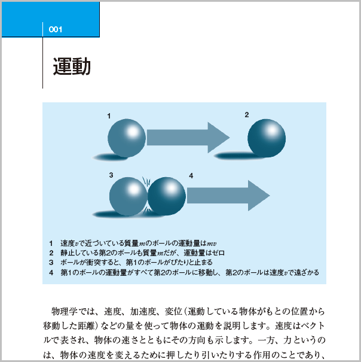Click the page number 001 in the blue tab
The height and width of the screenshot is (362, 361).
(56, 29)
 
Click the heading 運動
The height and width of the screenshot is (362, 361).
(72, 66)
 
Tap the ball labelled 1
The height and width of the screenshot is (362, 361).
(127, 138)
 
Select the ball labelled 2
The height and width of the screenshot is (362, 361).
(267, 138)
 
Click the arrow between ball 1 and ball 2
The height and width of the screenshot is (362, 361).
(188, 138)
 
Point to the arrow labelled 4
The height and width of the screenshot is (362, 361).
(228, 196)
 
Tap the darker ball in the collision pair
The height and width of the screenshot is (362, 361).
(167, 196)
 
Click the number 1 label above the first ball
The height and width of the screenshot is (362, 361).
(109, 116)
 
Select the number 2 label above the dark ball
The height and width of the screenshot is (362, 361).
(247, 115)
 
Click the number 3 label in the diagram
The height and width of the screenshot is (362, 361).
(111, 175)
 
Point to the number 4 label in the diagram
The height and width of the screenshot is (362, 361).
(191, 176)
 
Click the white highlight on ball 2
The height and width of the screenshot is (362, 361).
(272, 130)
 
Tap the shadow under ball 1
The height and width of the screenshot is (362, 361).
(110, 157)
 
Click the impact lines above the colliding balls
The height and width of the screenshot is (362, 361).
(146, 181)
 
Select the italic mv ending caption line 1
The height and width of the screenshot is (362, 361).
(212, 244)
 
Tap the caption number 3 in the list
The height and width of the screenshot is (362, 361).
(51, 263)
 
